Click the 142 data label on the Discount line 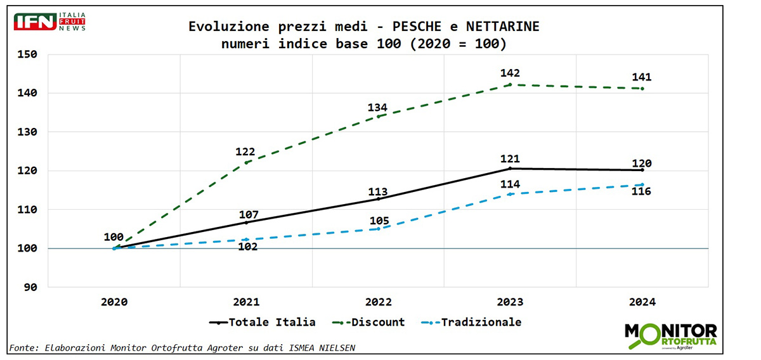pyautogui.click(x=509, y=73)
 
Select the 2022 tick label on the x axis pyautogui.click(x=378, y=302)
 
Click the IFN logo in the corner pyautogui.click(x=49, y=22)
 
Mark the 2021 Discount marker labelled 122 pyautogui.click(x=246, y=163)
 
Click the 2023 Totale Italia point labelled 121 pyautogui.click(x=510, y=169)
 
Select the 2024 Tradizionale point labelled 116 pyautogui.click(x=642, y=185)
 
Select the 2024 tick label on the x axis pyautogui.click(x=642, y=302)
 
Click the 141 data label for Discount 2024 pyautogui.click(x=642, y=77)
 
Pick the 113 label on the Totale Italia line pyautogui.click(x=378, y=192)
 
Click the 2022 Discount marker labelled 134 pyautogui.click(x=378, y=116)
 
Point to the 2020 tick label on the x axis pyautogui.click(x=114, y=302)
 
